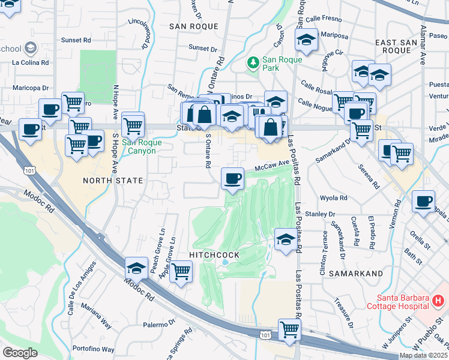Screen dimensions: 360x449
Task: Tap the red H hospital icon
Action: pyautogui.click(x=439, y=299)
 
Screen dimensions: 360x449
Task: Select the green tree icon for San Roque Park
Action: pyautogui.click(x=253, y=62)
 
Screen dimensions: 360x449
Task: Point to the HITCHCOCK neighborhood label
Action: pyautogui.click(x=214, y=255)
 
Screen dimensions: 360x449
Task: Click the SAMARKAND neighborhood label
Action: pyautogui.click(x=360, y=274)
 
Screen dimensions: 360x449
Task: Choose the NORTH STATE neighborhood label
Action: pyautogui.click(x=113, y=180)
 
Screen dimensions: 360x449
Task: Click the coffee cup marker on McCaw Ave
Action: pyautogui.click(x=232, y=178)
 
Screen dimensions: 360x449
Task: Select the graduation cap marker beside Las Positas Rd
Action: pyautogui.click(x=285, y=239)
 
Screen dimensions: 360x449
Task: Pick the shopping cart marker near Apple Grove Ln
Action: pyautogui.click(x=181, y=271)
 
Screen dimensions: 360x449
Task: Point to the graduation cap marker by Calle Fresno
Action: pyautogui.click(x=306, y=40)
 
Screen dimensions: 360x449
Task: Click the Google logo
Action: pyautogui.click(x=20, y=353)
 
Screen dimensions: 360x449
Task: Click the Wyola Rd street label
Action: pyautogui.click(x=334, y=197)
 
